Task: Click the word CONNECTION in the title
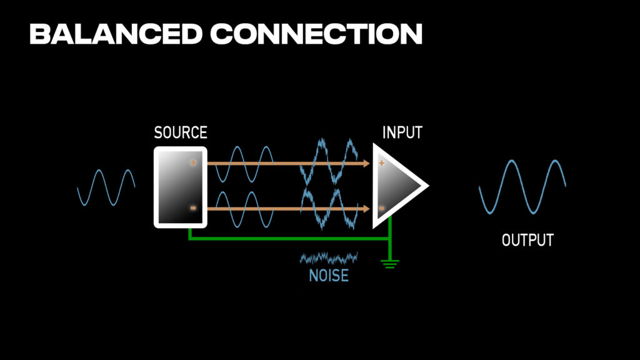point(316,34)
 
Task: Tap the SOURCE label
point(180,132)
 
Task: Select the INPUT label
point(402,132)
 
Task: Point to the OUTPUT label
point(527,240)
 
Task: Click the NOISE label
point(329,275)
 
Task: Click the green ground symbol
point(390,263)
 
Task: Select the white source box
point(180,187)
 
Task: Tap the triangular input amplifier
point(396,186)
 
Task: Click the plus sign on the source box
point(193,163)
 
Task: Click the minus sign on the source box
point(193,208)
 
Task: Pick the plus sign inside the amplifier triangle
point(381,163)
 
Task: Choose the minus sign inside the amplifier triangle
point(381,208)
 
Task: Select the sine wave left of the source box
point(106,187)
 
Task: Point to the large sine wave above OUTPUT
point(522,186)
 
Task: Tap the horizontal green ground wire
point(287,238)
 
